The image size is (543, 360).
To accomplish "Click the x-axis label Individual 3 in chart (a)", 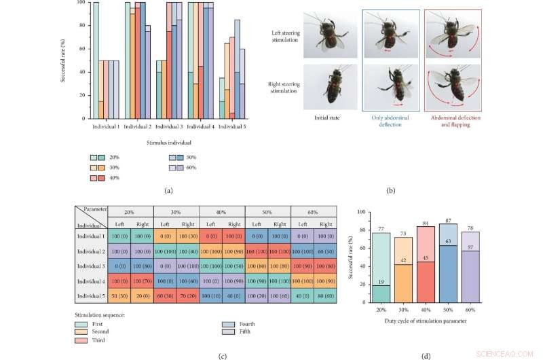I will point(169,126).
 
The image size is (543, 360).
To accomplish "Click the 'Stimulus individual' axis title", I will point(170,143).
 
